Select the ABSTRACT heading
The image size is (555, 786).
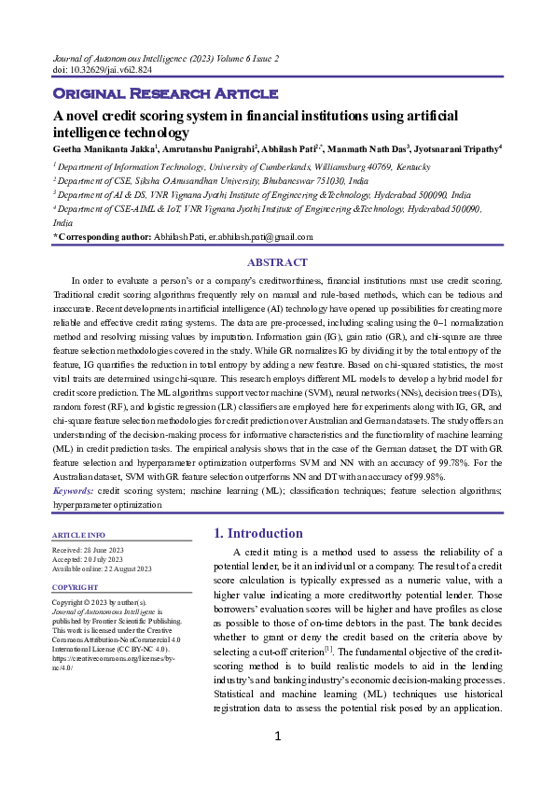[277, 262]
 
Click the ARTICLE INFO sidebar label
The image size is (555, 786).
[79, 535]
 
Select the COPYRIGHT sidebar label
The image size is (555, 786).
[76, 587]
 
